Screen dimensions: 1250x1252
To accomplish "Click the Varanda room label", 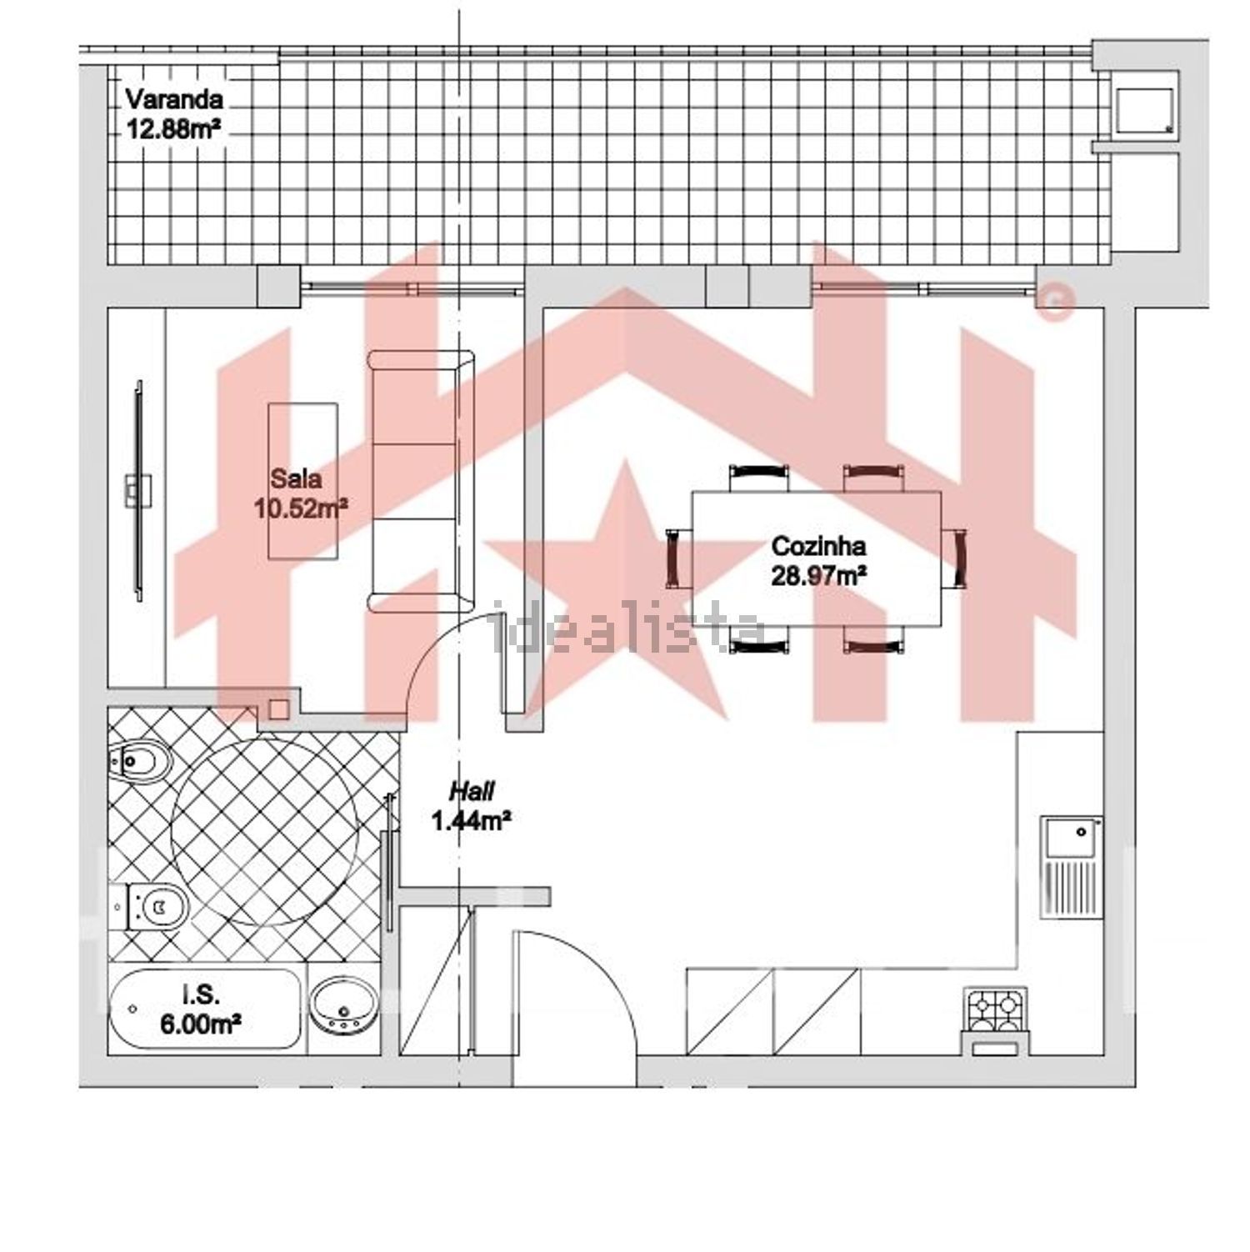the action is tap(174, 99).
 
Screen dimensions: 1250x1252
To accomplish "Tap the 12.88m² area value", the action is tap(176, 128).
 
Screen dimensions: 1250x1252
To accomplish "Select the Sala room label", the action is tap(296, 479).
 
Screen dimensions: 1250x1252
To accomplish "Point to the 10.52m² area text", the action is tap(301, 508).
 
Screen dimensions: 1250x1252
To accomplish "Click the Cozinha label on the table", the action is tap(818, 547).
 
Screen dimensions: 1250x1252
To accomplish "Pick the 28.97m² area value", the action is tap(818, 576).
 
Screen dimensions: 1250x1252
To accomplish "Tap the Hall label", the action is tap(472, 790).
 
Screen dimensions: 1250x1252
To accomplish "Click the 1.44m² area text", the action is tap(471, 821).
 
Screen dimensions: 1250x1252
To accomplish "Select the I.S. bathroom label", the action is tap(201, 993).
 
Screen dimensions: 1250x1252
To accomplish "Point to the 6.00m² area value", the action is tap(202, 1021).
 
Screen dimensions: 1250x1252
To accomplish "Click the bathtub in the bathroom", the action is tap(205, 1009).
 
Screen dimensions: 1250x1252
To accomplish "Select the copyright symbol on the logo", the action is tap(1054, 302).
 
